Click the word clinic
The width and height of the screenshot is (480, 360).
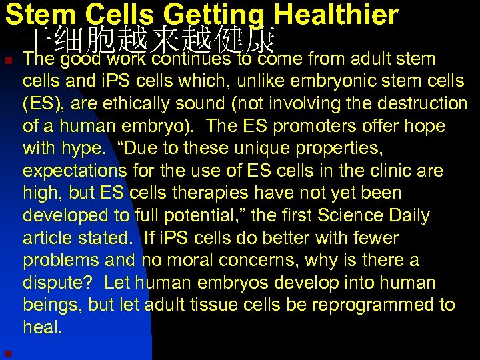point(383,171)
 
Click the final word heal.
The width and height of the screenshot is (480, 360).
point(43,328)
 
